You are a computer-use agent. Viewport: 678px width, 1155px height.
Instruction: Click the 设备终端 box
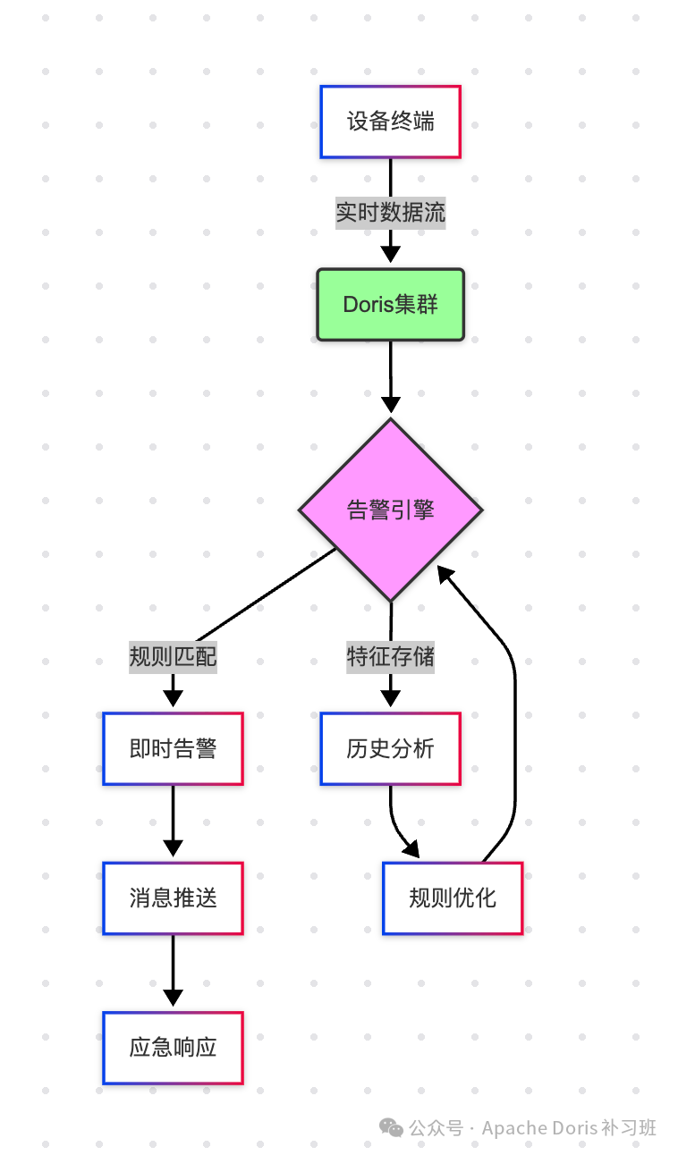point(390,122)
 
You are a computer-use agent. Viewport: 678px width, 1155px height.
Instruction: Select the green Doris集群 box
point(390,305)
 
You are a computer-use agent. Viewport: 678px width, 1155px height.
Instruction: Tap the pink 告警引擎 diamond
point(390,510)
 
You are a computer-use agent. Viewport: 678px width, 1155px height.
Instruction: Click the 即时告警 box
point(173,749)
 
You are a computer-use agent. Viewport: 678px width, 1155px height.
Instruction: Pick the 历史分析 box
point(390,749)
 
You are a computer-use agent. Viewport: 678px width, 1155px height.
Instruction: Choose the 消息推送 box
point(173,898)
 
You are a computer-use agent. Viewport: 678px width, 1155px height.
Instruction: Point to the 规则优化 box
point(452,898)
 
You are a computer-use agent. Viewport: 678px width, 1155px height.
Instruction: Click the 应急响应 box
point(173,1048)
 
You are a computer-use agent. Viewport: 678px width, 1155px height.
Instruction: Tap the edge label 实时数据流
point(390,213)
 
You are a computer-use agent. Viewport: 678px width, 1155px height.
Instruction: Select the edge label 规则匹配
point(173,657)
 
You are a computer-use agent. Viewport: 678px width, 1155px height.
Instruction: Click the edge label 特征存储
point(390,657)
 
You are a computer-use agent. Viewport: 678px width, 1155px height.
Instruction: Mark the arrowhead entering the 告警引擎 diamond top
point(390,403)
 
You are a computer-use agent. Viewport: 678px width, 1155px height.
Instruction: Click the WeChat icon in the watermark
point(391,1128)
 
